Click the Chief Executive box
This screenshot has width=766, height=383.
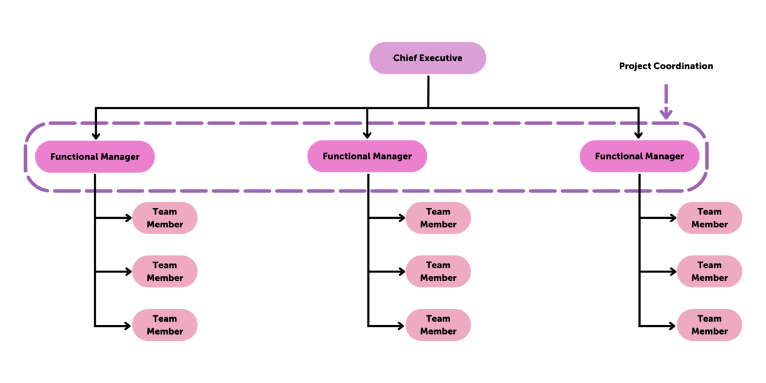[428, 58]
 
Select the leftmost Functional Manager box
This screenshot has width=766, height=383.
[94, 156]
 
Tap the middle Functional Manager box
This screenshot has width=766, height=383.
[367, 156]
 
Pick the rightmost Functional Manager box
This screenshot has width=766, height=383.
[639, 156]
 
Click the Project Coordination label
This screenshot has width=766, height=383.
[666, 66]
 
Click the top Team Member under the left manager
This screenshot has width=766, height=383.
[165, 218]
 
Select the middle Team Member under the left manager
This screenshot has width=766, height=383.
[165, 272]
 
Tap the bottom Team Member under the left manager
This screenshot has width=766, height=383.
[165, 325]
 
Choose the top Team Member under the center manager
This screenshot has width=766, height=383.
[438, 218]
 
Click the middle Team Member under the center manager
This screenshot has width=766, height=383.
[438, 272]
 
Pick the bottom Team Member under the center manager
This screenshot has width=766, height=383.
[438, 325]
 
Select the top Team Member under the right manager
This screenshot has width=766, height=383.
[709, 218]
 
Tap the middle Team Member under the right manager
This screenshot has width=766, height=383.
[709, 272]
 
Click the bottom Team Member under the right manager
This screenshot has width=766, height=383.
[709, 325]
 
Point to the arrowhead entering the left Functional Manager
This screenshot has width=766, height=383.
[96, 135]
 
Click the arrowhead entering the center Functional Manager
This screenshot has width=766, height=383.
[367, 135]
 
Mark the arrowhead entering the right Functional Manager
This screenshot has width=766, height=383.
[638, 135]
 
